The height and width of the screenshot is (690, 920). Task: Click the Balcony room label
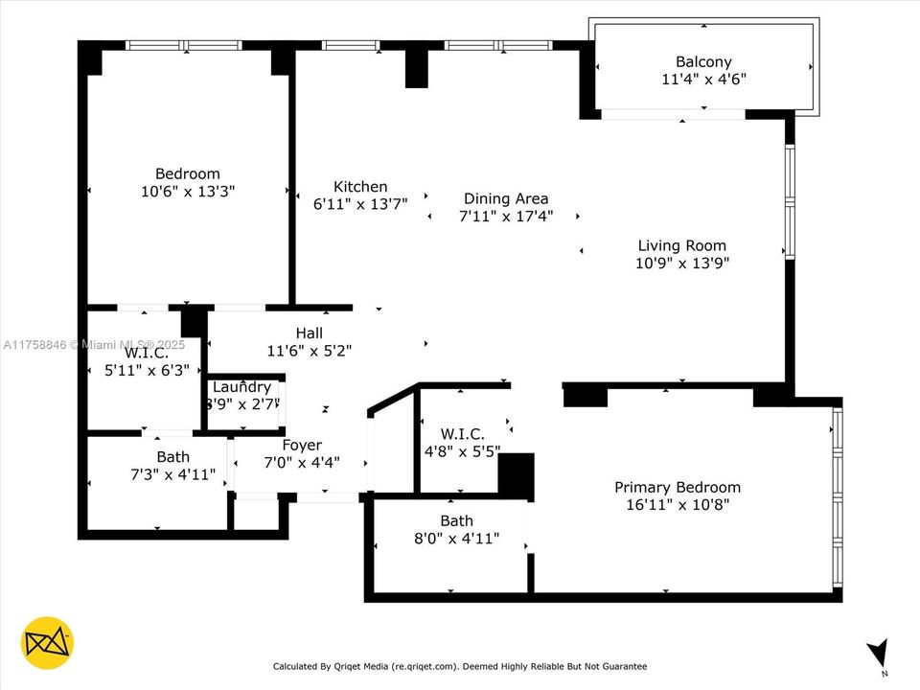(702, 62)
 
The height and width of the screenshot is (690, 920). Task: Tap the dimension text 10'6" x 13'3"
(188, 191)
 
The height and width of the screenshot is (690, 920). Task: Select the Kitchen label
(360, 187)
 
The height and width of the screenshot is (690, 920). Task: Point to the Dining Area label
(506, 199)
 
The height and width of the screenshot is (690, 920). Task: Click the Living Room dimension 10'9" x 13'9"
(681, 263)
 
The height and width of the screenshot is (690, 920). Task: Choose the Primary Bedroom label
(677, 487)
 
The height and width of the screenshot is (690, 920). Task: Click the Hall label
(309, 333)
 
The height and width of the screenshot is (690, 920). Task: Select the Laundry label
(241, 387)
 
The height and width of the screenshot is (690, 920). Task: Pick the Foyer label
(302, 446)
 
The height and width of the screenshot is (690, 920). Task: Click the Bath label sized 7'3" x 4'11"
(172, 457)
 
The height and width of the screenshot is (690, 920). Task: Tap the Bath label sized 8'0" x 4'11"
(456, 521)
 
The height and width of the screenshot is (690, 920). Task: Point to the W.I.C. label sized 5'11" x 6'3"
(146, 353)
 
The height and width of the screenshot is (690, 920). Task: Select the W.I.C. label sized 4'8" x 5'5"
(462, 434)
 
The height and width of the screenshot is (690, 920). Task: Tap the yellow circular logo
(47, 642)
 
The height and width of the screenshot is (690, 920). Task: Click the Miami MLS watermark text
(95, 344)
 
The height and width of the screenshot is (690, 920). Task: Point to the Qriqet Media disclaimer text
(459, 666)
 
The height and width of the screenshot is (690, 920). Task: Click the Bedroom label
(188, 173)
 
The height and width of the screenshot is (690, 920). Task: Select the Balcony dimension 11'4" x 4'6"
(702, 80)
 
